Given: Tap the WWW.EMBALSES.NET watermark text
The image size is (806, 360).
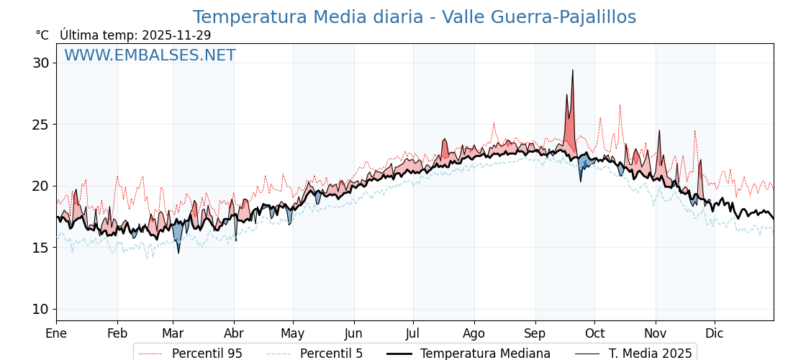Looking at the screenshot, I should coord(150,55).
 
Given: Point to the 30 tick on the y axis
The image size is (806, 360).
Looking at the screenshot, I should coord(41,63).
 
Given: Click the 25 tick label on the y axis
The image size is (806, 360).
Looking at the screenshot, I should coord(41,125).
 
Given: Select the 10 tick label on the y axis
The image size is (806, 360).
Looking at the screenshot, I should coord(41,309).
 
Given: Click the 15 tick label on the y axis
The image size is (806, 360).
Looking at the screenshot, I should coord(41,248).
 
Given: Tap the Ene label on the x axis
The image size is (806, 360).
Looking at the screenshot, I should coord(56,333).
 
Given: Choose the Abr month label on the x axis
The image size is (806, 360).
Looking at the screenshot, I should coord(234,333).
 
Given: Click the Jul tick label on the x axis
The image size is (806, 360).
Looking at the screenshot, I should coord(413,333).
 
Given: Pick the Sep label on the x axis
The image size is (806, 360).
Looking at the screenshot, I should coord(535,333).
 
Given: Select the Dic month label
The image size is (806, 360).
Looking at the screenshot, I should coord(715,333).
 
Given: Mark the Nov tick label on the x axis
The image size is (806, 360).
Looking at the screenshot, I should coord(656,333).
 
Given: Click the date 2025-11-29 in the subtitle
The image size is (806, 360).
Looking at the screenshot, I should coord(176,35).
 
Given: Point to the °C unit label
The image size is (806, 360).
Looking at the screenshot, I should coord(42,35).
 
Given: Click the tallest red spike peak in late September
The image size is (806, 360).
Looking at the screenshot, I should coord(573,71).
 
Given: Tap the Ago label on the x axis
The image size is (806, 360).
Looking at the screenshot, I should coord(474,333).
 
